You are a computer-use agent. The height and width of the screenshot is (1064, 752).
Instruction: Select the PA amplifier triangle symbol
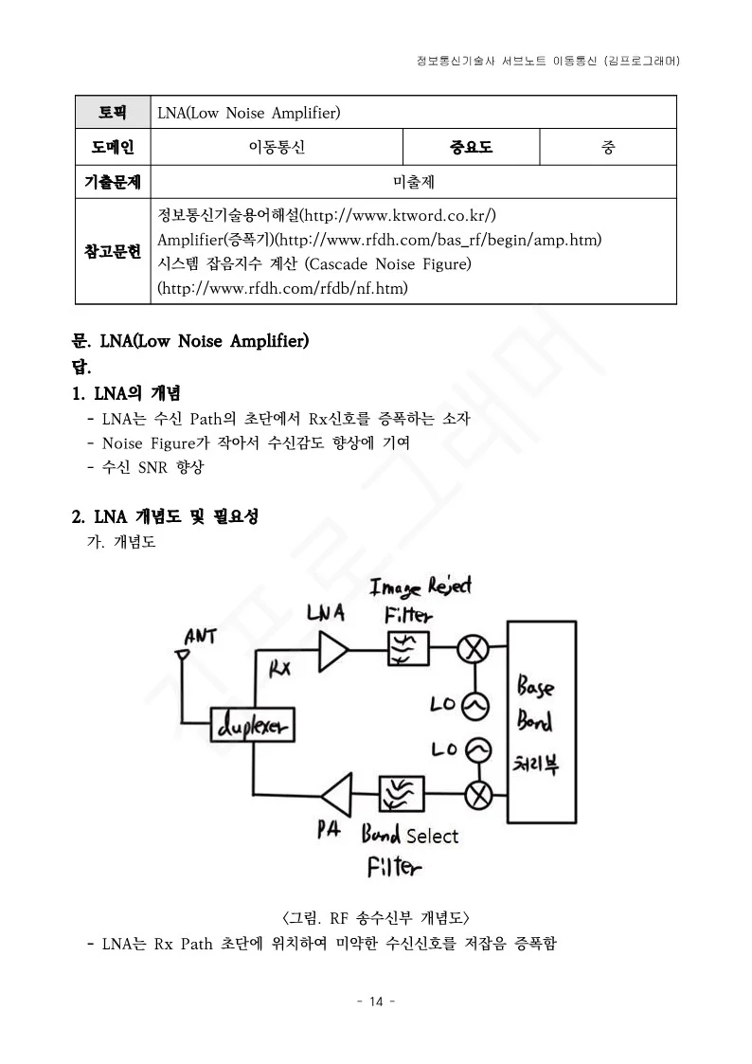[x=337, y=793]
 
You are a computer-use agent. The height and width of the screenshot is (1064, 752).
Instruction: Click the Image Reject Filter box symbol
[x=407, y=648]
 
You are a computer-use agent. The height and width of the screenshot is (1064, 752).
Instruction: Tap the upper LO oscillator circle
[x=474, y=705]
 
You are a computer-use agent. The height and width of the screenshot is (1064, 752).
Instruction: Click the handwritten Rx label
[x=280, y=669]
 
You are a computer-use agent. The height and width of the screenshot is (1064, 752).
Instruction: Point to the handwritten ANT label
[x=200, y=636]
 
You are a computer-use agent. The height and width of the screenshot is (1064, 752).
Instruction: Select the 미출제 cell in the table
[x=413, y=181]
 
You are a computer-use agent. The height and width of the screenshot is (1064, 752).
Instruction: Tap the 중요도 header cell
[x=471, y=147]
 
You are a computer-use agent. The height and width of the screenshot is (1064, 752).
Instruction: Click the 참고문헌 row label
[x=113, y=251]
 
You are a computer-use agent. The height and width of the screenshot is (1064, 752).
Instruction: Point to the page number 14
[x=376, y=1002]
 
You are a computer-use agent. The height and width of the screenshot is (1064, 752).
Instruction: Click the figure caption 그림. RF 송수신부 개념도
[x=376, y=917]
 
